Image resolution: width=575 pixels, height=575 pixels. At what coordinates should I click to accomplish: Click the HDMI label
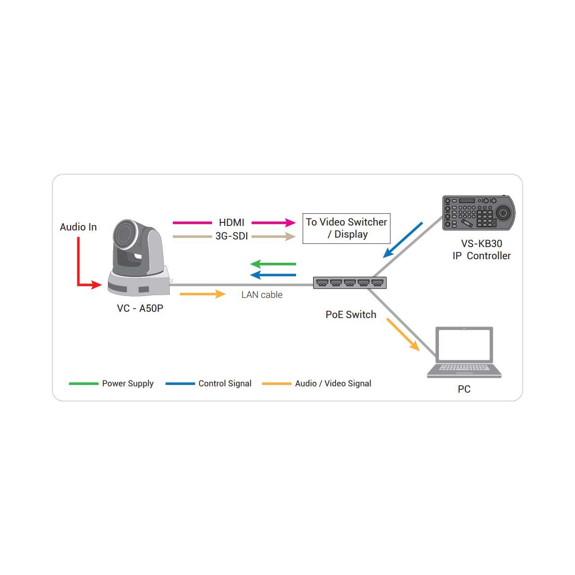(231, 223)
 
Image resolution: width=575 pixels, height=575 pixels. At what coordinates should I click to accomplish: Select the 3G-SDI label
(231, 236)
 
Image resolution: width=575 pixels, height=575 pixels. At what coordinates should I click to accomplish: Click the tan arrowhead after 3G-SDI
(290, 237)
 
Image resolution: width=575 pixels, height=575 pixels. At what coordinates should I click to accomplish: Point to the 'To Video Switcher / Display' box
(346, 229)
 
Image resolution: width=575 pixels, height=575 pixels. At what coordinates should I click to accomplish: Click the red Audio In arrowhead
(97, 285)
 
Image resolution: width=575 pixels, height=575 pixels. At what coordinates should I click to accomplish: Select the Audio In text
(78, 227)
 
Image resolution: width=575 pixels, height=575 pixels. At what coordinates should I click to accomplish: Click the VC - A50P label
(140, 308)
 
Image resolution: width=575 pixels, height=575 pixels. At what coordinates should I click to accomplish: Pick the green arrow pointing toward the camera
(273, 264)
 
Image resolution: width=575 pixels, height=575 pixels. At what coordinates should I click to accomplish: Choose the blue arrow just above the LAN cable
(273, 275)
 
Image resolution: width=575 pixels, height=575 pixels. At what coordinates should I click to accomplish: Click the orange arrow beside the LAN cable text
(203, 294)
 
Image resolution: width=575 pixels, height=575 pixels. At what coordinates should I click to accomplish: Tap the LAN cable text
(262, 295)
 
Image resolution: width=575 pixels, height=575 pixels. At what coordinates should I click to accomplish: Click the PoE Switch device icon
(349, 283)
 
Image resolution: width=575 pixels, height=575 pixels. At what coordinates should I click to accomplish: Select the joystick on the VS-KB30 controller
(503, 213)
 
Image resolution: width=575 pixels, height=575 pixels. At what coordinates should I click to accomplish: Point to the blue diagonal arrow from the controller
(403, 240)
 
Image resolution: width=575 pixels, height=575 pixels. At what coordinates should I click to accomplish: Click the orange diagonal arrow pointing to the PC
(403, 335)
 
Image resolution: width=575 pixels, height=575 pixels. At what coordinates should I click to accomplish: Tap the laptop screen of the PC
(464, 345)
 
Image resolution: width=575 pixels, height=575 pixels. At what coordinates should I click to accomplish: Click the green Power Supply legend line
(84, 384)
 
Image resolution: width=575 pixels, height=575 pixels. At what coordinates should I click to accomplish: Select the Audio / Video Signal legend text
(333, 384)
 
